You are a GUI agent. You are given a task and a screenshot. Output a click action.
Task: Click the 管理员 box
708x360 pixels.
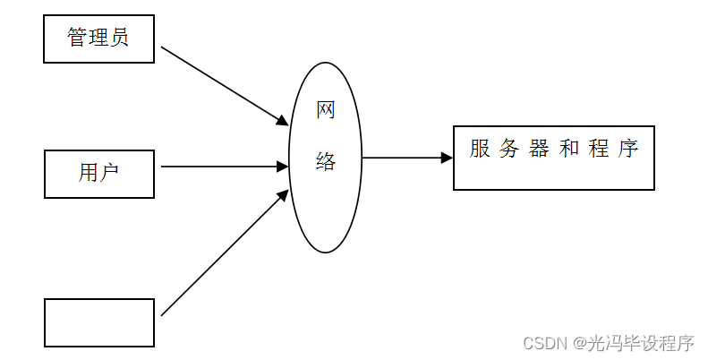[x=98, y=39]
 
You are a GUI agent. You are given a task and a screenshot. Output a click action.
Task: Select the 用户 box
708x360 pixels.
[x=98, y=173]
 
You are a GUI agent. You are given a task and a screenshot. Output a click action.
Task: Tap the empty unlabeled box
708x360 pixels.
[x=98, y=322]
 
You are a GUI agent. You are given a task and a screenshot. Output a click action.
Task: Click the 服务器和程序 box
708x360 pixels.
[x=553, y=159]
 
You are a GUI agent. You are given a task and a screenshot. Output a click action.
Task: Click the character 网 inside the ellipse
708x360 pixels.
[x=326, y=111]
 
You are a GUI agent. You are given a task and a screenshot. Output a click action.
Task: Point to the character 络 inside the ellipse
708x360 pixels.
[x=326, y=162]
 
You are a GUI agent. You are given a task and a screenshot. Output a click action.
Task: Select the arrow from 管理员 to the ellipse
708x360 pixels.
[x=224, y=85]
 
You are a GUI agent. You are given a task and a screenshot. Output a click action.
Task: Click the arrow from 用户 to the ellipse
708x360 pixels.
[x=224, y=166]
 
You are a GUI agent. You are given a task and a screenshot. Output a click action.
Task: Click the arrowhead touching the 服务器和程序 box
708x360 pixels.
[x=447, y=159]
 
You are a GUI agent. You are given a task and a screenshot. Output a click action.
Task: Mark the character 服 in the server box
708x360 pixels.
[x=481, y=149]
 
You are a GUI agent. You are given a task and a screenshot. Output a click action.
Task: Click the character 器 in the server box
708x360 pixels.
[x=539, y=149]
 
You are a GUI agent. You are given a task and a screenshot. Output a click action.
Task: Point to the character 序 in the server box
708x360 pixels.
[x=627, y=149]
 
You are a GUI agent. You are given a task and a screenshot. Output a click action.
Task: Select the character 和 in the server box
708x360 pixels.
[x=568, y=149]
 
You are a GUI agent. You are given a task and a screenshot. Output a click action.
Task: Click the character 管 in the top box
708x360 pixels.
[x=78, y=38]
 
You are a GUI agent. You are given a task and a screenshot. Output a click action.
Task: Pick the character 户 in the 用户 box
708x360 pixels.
[x=110, y=173]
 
